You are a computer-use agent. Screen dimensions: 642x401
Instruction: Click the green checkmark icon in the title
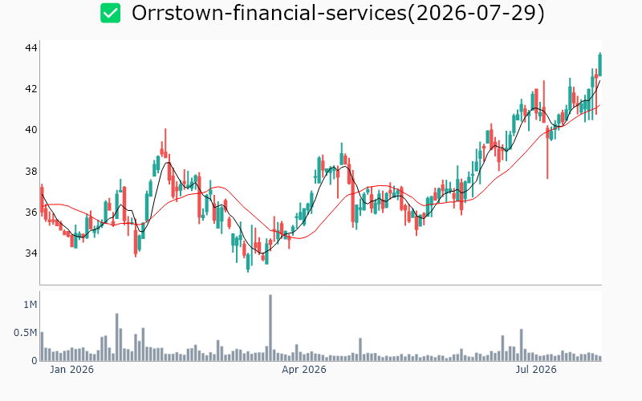[111, 13]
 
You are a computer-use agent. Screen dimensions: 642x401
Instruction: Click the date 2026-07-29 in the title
[476, 13]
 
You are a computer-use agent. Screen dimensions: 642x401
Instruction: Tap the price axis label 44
[31, 48]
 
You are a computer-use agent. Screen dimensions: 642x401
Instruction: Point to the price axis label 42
[31, 89]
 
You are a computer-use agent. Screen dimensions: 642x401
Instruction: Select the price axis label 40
[31, 130]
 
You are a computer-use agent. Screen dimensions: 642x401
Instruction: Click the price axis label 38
[31, 171]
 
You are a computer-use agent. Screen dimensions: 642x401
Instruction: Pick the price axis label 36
[31, 212]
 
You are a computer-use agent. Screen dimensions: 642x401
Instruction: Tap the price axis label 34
[31, 253]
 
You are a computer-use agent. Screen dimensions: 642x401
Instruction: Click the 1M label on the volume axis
[30, 305]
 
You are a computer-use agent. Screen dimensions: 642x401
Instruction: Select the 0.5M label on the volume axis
[26, 333]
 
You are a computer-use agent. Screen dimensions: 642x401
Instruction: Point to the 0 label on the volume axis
[35, 360]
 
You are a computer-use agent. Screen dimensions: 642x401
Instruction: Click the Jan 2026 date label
[71, 370]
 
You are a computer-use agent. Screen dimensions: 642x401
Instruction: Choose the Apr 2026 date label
[304, 370]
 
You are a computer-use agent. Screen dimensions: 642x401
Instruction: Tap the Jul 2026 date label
[535, 370]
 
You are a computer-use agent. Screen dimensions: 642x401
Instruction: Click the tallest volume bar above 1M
[270, 327]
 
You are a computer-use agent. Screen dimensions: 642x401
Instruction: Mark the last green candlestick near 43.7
[600, 65]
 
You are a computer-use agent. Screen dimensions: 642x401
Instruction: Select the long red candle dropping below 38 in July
[547, 152]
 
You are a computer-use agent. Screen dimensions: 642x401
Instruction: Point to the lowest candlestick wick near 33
[248, 263]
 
